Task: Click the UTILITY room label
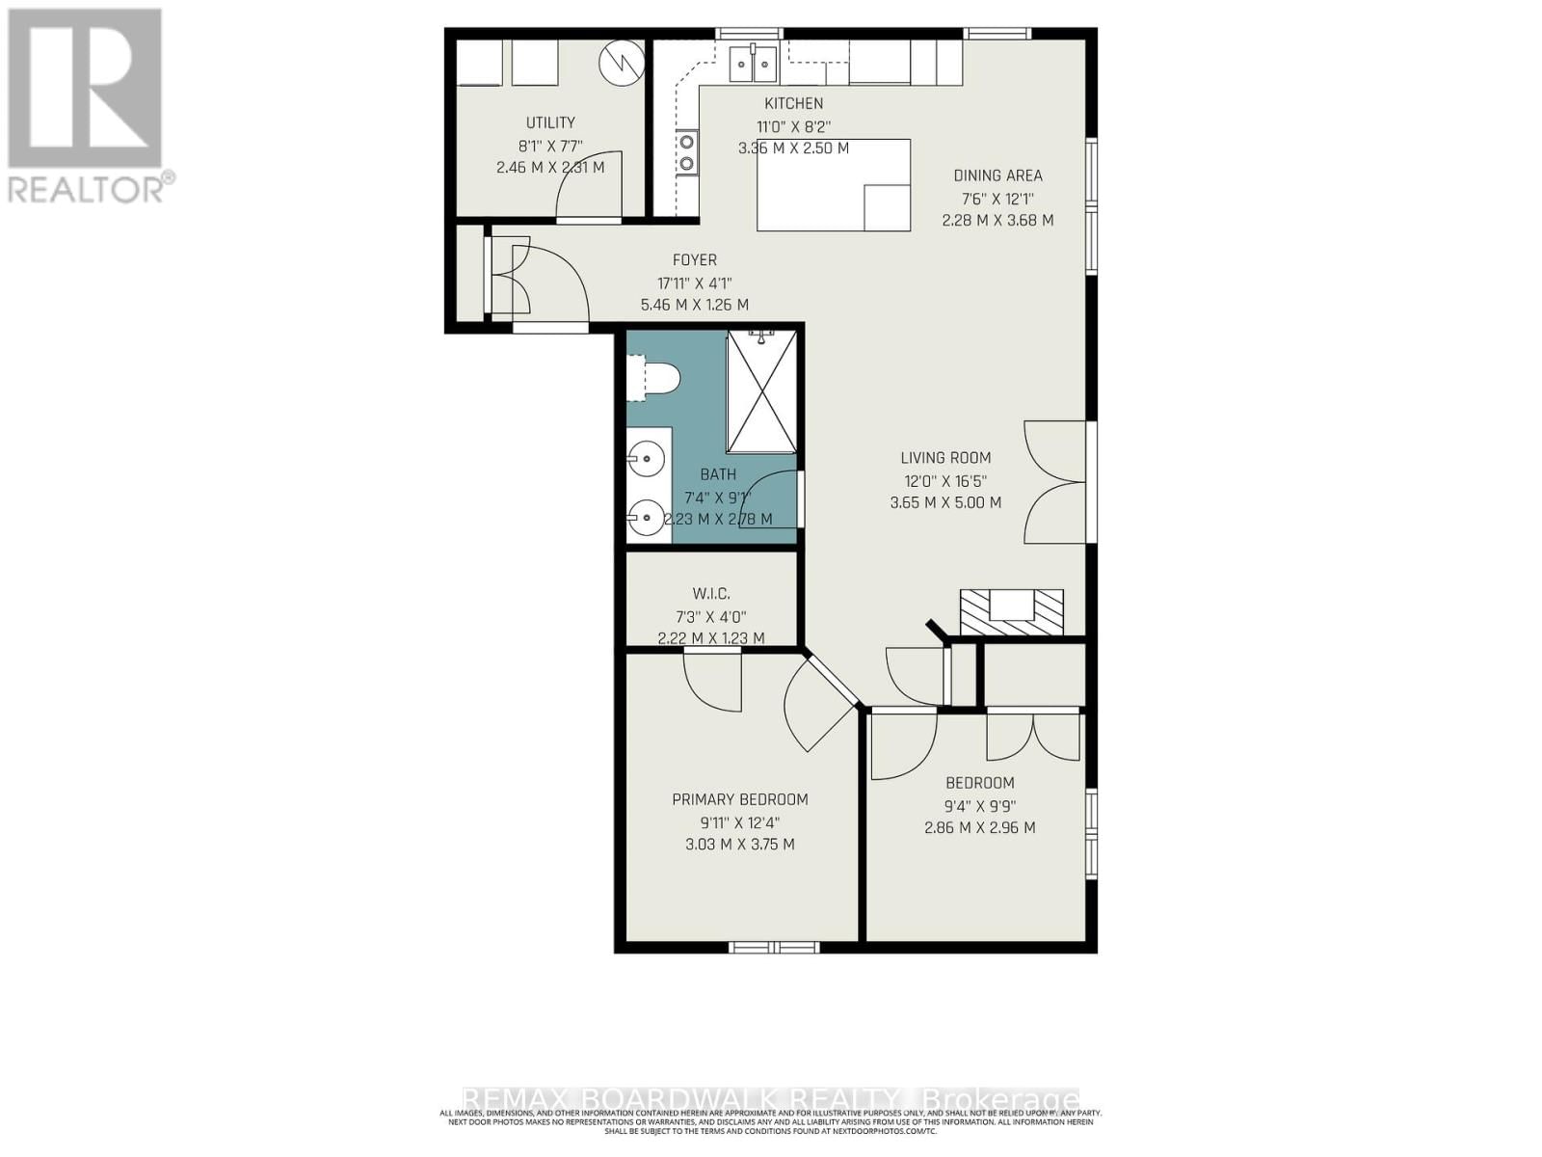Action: pyautogui.click(x=550, y=122)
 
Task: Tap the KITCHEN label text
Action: pyautogui.click(x=793, y=103)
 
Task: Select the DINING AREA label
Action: pyautogui.click(x=997, y=175)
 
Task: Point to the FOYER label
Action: pyautogui.click(x=694, y=259)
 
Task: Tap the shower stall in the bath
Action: pyautogui.click(x=761, y=390)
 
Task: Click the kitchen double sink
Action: pyautogui.click(x=753, y=65)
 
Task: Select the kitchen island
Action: pyautogui.click(x=834, y=185)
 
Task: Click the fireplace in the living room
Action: pyautogui.click(x=1011, y=612)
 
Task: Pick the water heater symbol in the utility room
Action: pyautogui.click(x=621, y=63)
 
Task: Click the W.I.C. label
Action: pyautogui.click(x=710, y=594)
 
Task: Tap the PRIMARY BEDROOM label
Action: pyautogui.click(x=739, y=799)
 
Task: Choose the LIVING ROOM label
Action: pyautogui.click(x=945, y=458)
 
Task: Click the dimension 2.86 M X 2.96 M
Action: pyautogui.click(x=979, y=827)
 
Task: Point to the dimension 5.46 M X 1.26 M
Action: pyautogui.click(x=694, y=305)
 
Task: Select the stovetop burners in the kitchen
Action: pyautogui.click(x=687, y=152)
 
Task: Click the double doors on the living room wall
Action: pyautogui.click(x=1057, y=482)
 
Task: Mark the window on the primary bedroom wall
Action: pyautogui.click(x=773, y=947)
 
